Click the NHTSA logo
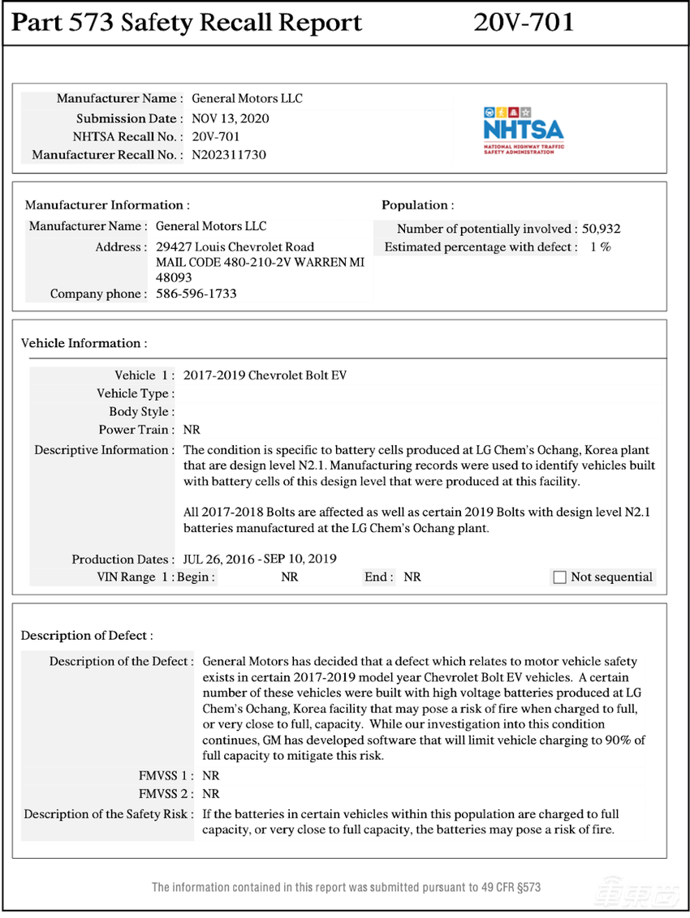coord(523,130)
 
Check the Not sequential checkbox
coord(559,577)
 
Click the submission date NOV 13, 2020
coord(231,118)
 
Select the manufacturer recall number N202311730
coord(229,155)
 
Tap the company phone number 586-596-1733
coord(196,294)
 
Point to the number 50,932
coord(602,229)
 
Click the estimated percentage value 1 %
coord(601,247)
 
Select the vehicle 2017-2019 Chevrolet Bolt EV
coord(265,375)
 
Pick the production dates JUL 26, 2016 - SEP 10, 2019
coord(260,559)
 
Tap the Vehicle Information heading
coord(84,343)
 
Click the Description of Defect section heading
coord(86,635)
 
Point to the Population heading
coord(417,205)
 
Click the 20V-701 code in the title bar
coord(524,23)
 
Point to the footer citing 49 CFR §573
coord(346,887)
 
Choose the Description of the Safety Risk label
coord(109,813)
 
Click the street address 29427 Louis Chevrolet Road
coord(235,247)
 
